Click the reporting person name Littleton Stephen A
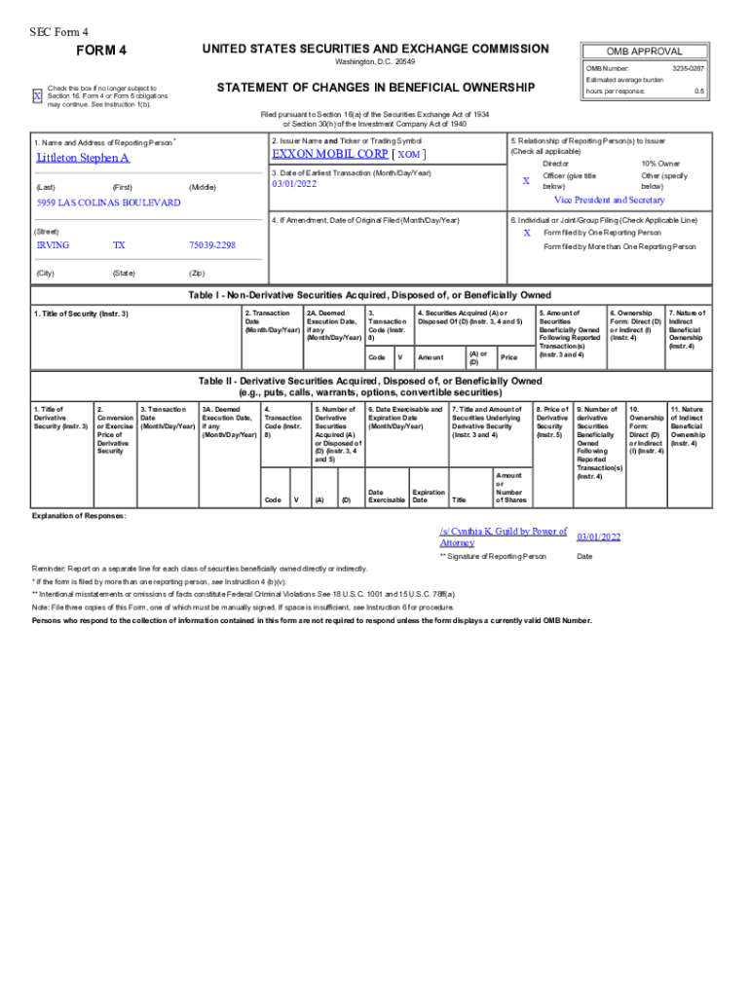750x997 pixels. [83, 158]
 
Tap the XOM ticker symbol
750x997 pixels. [409, 155]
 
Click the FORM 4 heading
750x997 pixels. [102, 51]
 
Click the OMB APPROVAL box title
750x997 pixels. [644, 52]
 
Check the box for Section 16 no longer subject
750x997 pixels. [38, 96]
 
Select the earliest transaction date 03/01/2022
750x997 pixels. [296, 184]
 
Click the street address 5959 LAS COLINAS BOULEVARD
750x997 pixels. [108, 203]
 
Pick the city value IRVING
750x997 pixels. [53, 245]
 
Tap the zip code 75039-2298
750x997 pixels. [212, 245]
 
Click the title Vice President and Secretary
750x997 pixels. [610, 200]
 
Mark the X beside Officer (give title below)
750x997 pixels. [526, 181]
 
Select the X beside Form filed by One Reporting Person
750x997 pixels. [527, 233]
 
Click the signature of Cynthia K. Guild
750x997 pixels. [503, 536]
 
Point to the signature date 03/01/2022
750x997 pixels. [599, 537]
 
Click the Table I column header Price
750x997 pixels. [509, 357]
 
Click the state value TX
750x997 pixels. [119, 245]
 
